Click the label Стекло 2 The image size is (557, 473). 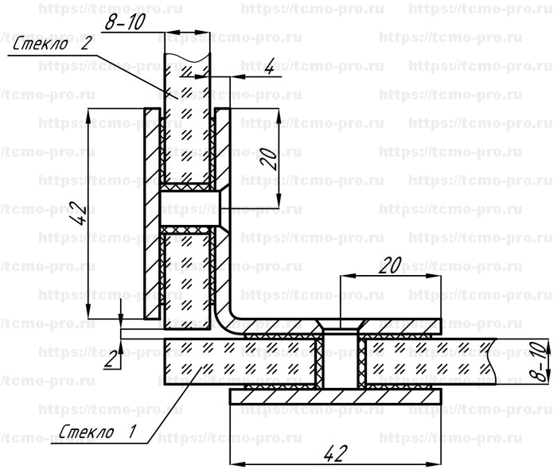53,44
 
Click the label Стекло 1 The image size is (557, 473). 97,432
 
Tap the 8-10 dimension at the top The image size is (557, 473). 125,22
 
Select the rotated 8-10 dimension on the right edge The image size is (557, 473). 543,361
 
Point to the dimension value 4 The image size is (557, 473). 270,66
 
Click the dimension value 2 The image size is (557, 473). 111,360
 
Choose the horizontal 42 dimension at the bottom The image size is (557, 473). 336,453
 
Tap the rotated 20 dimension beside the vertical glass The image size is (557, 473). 269,159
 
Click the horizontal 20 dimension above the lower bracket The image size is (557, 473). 390,266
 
